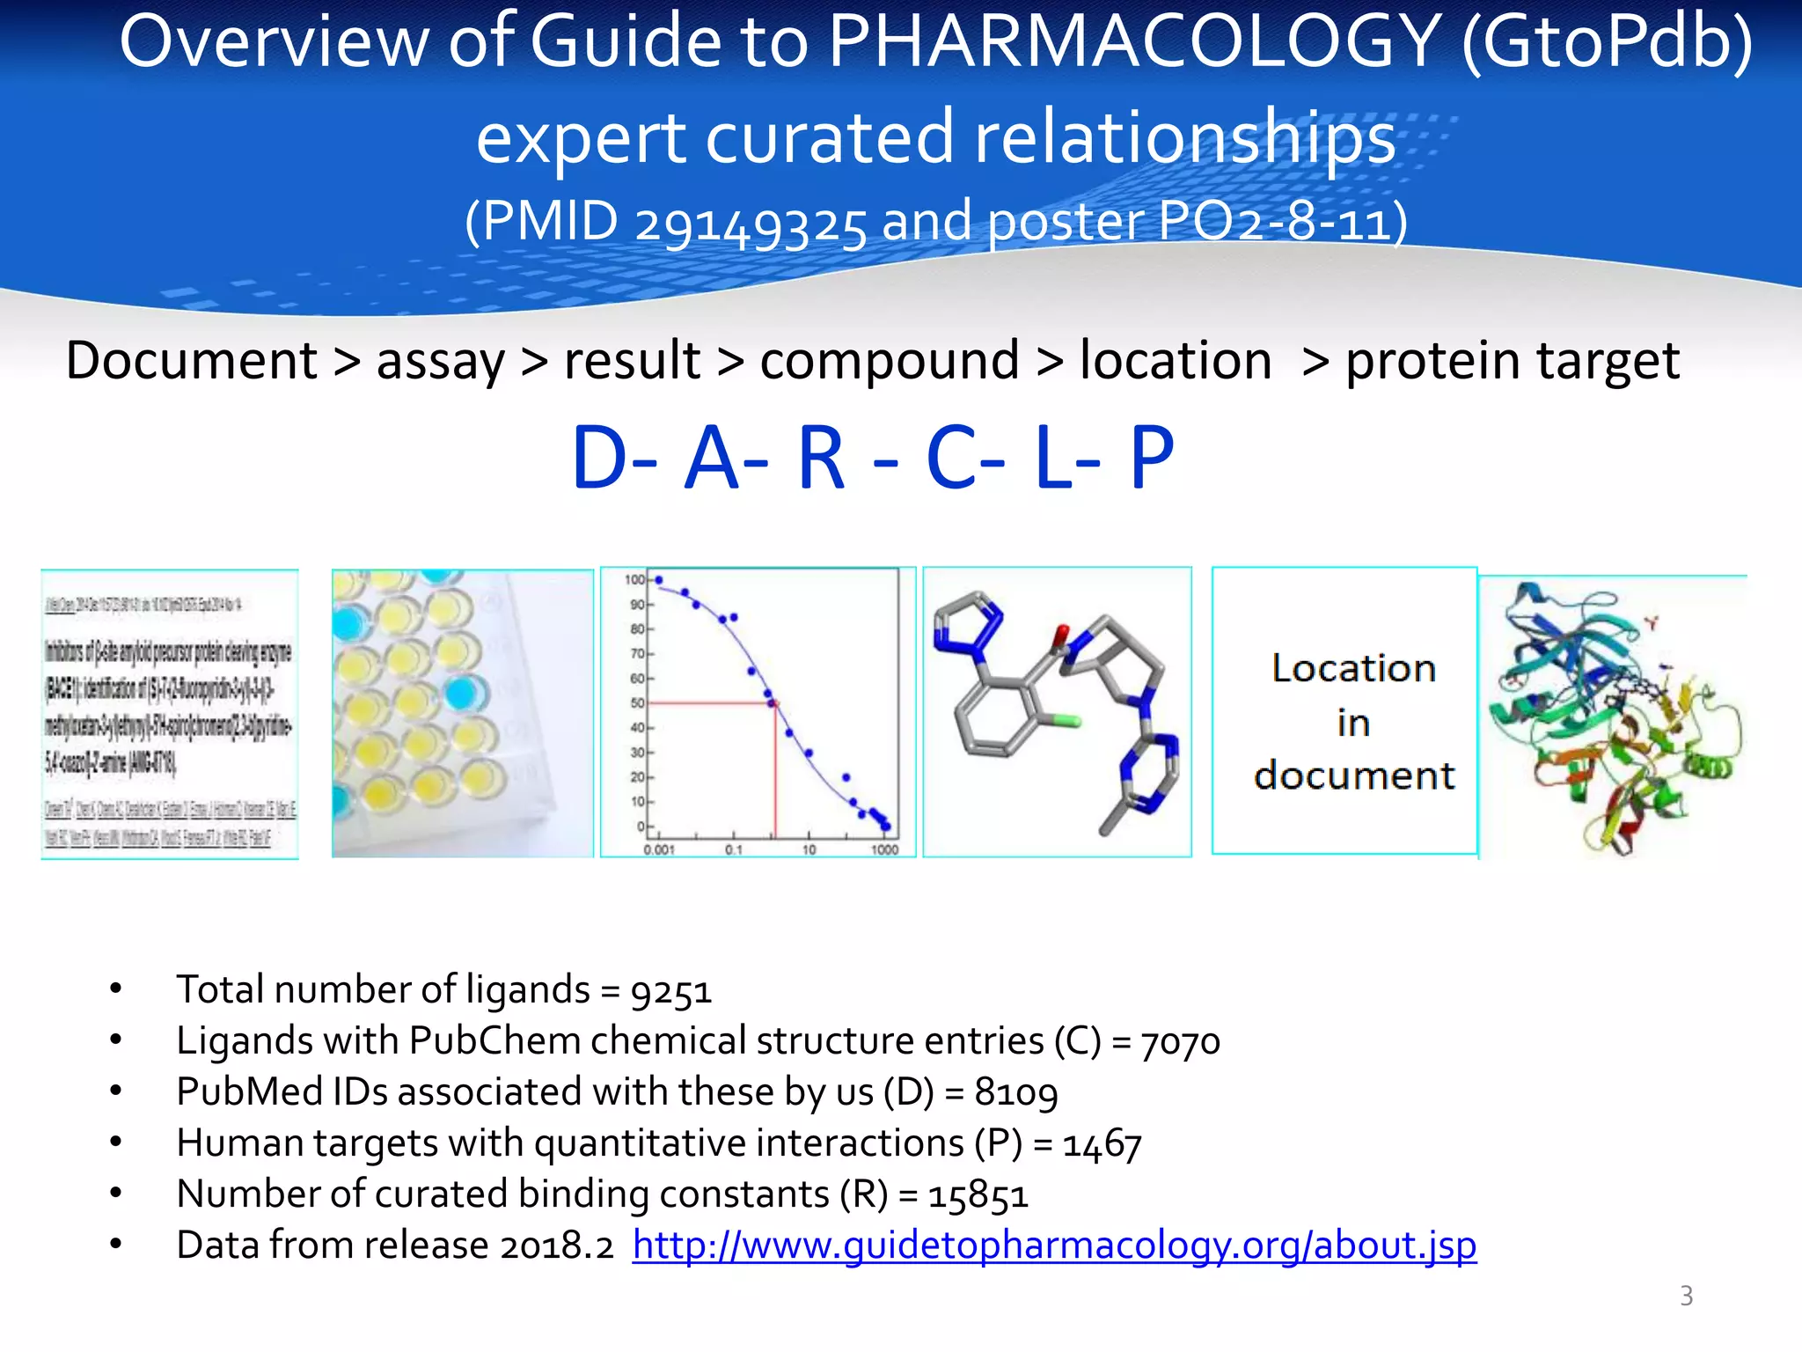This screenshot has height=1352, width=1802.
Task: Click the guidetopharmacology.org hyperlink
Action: pyautogui.click(x=1054, y=1245)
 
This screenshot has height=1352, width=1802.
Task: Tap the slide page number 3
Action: pyautogui.click(x=1686, y=1296)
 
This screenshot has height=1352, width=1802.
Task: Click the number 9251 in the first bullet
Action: pyautogui.click(x=670, y=991)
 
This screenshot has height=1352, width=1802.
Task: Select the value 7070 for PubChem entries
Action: pyautogui.click(x=1180, y=1042)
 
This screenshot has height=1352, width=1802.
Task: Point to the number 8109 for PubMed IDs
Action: pyautogui.click(x=1016, y=1093)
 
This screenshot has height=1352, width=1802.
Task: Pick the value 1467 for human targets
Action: pyautogui.click(x=1102, y=1144)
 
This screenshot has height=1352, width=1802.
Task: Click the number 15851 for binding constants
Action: pyautogui.click(x=978, y=1195)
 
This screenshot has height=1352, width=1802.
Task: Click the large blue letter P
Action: pyautogui.click(x=1152, y=459)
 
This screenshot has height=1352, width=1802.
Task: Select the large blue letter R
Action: pyautogui.click(x=821, y=459)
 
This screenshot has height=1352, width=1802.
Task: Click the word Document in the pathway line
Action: pyautogui.click(x=192, y=361)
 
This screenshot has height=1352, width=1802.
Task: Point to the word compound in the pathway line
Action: pyautogui.click(x=890, y=361)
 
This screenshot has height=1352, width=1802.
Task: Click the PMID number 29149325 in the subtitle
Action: pyautogui.click(x=751, y=224)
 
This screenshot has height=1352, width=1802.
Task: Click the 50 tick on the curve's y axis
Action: pyautogui.click(x=636, y=703)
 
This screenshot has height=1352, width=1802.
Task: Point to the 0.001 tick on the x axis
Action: pyautogui.click(x=659, y=850)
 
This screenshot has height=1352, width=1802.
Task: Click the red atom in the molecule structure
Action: pyautogui.click(x=1060, y=634)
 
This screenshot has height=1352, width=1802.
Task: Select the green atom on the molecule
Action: pyautogui.click(x=1066, y=722)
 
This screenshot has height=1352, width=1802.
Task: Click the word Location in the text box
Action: pyautogui.click(x=1353, y=669)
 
